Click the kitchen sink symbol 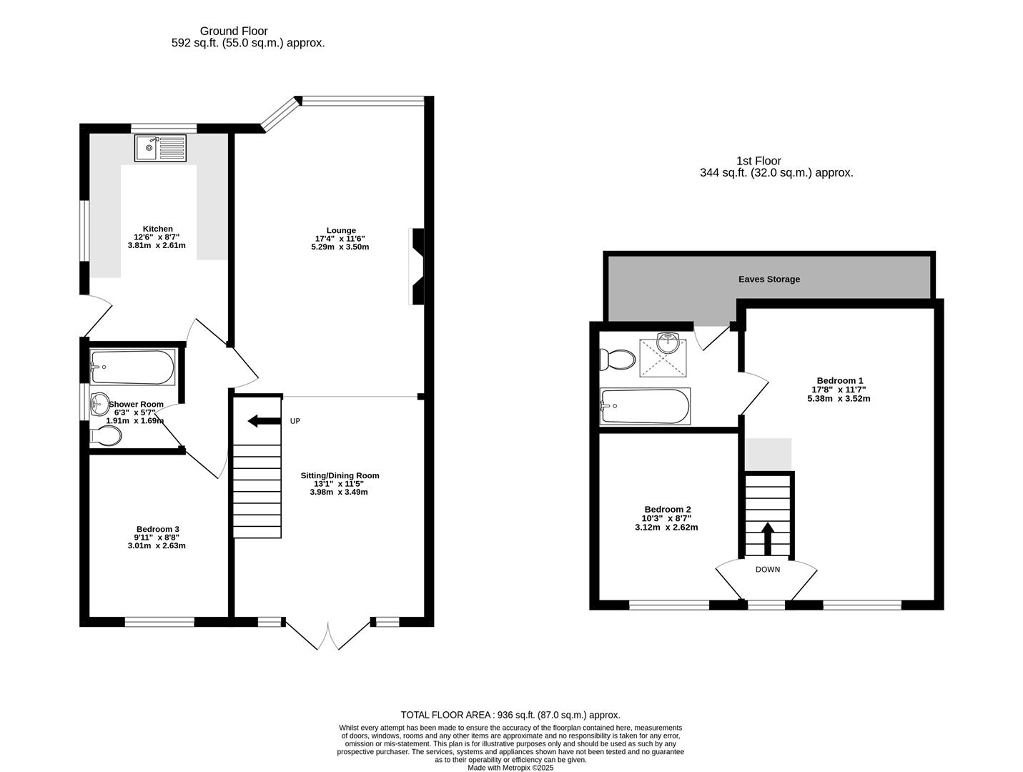[x=160, y=148]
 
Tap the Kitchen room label [x=157, y=229]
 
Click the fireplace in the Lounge [x=416, y=267]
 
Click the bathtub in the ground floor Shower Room [x=132, y=367]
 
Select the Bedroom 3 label [x=157, y=529]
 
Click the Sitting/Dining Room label [x=340, y=475]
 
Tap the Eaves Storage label [x=769, y=279]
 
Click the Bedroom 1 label [x=841, y=380]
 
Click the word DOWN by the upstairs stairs [x=768, y=570]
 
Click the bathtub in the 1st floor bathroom [x=646, y=406]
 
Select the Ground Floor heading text [x=234, y=31]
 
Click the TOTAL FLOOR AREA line [x=510, y=715]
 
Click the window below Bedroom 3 [x=159, y=622]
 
